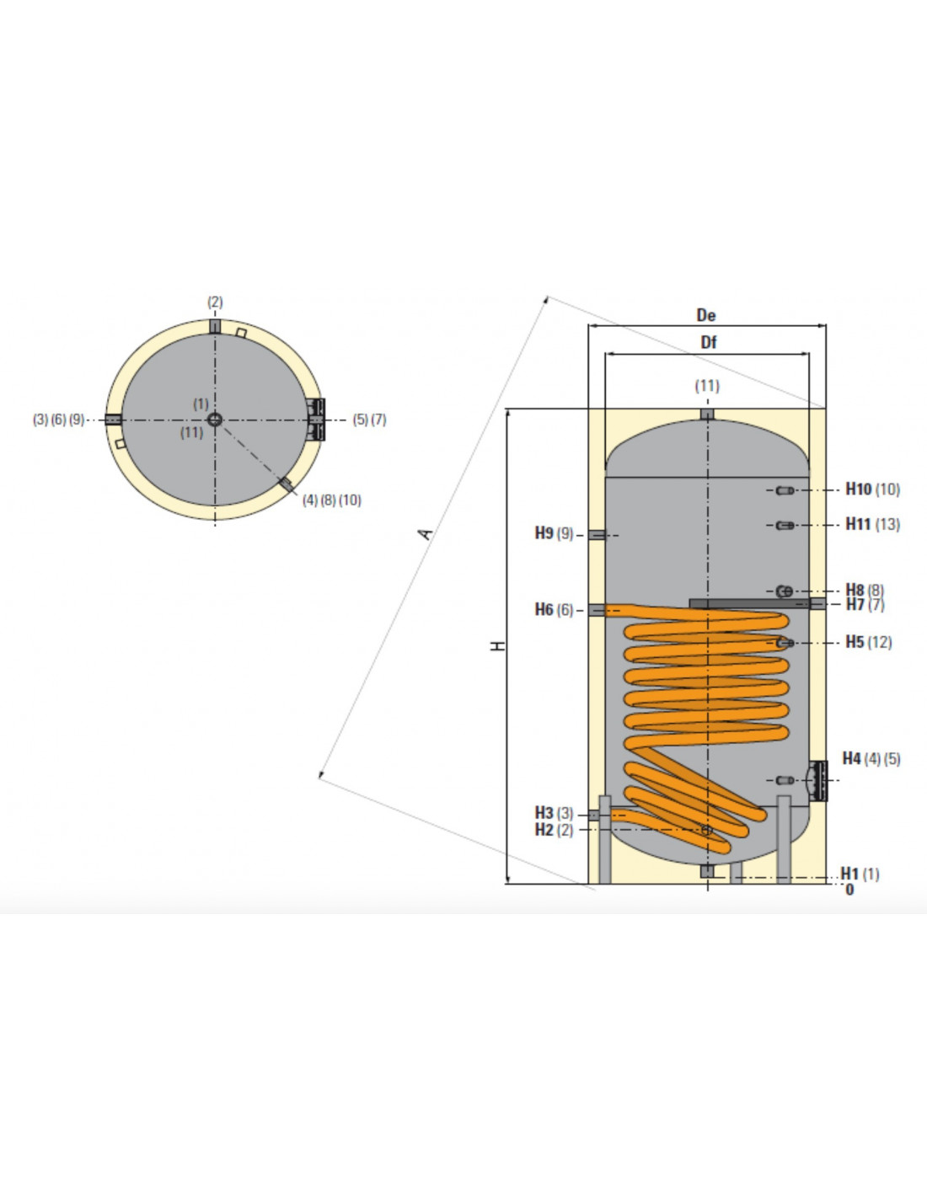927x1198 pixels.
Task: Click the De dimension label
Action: [706, 315]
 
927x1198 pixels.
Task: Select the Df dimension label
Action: [708, 342]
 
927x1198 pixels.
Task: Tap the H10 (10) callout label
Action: [872, 489]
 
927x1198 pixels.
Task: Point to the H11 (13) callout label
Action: [872, 524]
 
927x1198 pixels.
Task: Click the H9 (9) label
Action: [554, 533]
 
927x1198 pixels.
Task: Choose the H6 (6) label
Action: [554, 609]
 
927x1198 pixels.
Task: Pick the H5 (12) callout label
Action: [869, 642]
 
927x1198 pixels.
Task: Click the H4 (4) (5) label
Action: [871, 758]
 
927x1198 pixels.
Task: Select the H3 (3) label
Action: [554, 813]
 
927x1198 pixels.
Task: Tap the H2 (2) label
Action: [554, 831]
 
